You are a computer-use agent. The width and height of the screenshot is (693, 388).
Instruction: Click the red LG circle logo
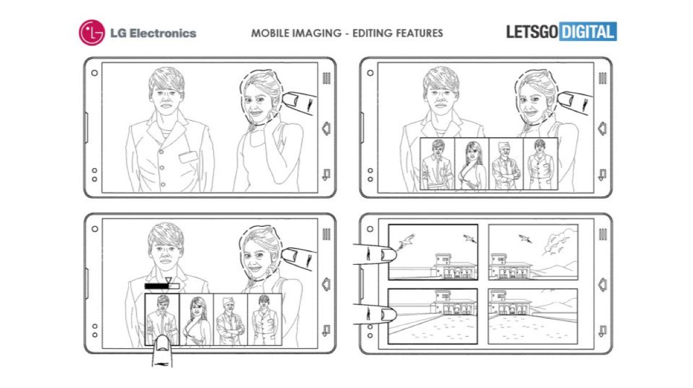coord(92,33)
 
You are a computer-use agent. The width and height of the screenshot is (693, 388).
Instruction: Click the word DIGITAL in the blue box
coord(587,32)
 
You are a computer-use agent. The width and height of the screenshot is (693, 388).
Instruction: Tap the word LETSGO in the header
coord(532,32)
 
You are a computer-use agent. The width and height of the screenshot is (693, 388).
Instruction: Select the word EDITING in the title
coord(372,33)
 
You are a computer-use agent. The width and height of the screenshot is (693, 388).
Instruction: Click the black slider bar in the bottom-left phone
coord(157,287)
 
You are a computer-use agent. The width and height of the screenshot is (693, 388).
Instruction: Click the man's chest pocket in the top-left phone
coord(188,157)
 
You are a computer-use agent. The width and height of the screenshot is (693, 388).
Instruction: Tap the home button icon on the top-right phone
coord(602,129)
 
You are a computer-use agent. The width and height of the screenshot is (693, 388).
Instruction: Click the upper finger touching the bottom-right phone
coord(375,254)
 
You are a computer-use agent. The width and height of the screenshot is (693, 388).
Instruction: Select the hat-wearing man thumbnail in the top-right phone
coord(506,164)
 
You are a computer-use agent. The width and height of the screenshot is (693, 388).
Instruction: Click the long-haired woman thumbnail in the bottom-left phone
coord(196,320)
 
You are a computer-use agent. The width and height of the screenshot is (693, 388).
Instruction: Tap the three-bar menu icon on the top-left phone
coord(326,78)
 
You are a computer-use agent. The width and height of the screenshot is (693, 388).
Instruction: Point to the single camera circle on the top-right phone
coord(370,73)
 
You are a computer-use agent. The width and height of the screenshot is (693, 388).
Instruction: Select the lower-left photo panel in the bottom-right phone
coord(433,317)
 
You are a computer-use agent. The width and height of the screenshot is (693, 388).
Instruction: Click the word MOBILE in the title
coord(270,33)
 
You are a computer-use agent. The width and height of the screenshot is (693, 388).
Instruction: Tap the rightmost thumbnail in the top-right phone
coord(541,164)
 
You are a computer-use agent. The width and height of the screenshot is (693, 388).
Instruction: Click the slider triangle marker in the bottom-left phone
coord(168,280)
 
